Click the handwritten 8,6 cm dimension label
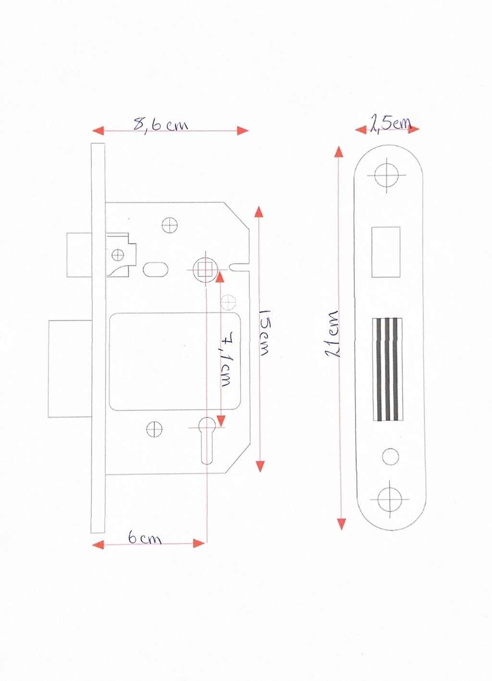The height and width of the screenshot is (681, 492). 160,124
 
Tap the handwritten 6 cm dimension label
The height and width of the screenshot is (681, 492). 144,538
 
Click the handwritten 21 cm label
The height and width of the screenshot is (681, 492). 332,334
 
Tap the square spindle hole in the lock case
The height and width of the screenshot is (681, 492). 205,269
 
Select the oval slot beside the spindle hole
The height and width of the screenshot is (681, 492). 155,270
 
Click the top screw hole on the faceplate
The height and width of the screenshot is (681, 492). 386,175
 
